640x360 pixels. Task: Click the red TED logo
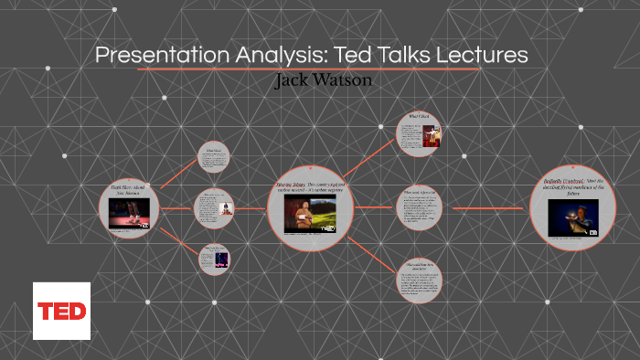pyautogui.click(x=61, y=311)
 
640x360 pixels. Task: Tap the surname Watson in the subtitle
pyautogui.click(x=346, y=80)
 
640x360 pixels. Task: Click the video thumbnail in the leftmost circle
pyautogui.click(x=130, y=213)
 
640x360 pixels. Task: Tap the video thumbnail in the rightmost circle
pyautogui.click(x=574, y=217)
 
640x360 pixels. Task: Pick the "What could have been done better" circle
pyautogui.click(x=419, y=281)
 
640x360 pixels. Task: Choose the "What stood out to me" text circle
pyautogui.click(x=419, y=208)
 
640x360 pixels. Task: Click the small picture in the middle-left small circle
pyautogui.click(x=225, y=208)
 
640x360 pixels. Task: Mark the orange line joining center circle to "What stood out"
pyautogui.click(x=374, y=207)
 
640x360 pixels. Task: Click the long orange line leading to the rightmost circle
pyautogui.click(x=485, y=208)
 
